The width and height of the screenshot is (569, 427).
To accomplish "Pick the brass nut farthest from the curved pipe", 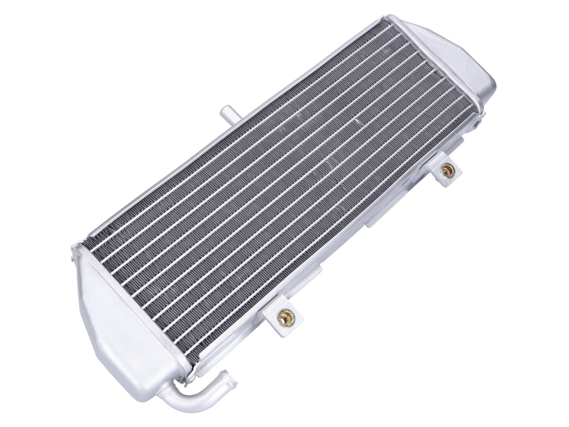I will pyautogui.click(x=448, y=170).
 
